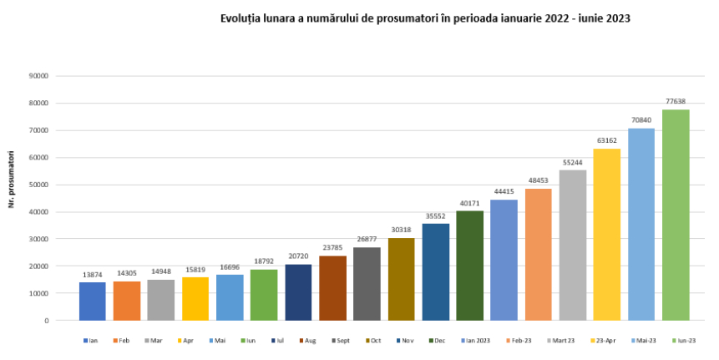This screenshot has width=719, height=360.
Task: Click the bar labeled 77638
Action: (x=676, y=215)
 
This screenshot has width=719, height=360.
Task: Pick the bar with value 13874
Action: (x=93, y=302)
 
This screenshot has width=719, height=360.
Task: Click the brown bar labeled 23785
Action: (x=332, y=288)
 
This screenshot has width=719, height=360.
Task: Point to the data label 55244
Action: (x=573, y=161)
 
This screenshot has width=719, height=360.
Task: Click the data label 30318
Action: (x=401, y=230)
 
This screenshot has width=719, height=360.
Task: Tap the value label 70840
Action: (x=641, y=119)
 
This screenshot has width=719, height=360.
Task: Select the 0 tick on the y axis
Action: (x=47, y=321)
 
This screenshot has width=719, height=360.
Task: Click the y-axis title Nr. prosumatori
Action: (x=13, y=179)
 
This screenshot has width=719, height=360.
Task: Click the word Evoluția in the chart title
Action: (x=241, y=18)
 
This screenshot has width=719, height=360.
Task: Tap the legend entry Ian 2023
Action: (x=476, y=341)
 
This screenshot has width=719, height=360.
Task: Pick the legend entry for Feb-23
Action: (x=519, y=341)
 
